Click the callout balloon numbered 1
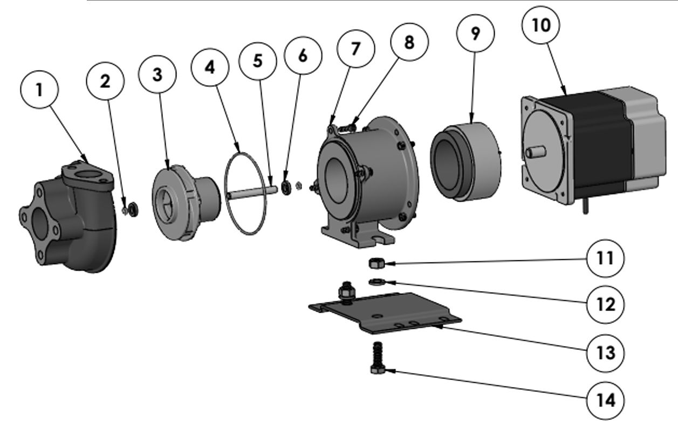click(39, 90)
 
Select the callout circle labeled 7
click(355, 49)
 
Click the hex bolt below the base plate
click(376, 361)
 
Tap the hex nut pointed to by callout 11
click(375, 264)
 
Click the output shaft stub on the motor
click(534, 152)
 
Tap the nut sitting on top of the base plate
click(344, 292)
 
